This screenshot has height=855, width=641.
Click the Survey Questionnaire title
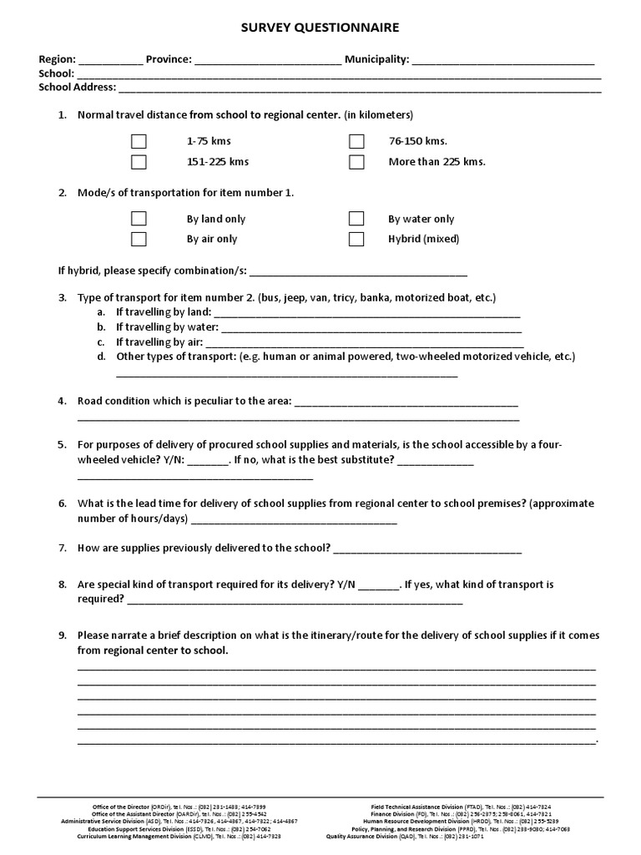(x=320, y=28)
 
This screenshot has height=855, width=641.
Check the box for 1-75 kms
(x=139, y=141)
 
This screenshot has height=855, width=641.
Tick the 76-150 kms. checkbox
(x=356, y=141)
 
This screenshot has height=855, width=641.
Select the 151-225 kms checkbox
(x=139, y=162)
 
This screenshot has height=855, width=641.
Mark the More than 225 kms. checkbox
(x=356, y=162)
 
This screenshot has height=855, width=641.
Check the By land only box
(x=139, y=219)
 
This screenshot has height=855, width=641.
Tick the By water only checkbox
(x=356, y=219)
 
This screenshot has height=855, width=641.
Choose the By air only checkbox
(x=139, y=239)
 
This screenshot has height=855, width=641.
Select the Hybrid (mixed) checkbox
(x=356, y=239)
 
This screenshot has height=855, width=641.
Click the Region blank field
(x=111, y=61)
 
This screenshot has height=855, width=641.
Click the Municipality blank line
(x=503, y=61)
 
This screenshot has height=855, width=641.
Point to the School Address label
(x=78, y=87)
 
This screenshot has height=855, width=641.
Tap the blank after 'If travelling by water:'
(x=371, y=328)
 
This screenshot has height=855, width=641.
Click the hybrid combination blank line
(x=358, y=271)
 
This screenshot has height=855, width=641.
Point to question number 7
(x=62, y=548)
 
